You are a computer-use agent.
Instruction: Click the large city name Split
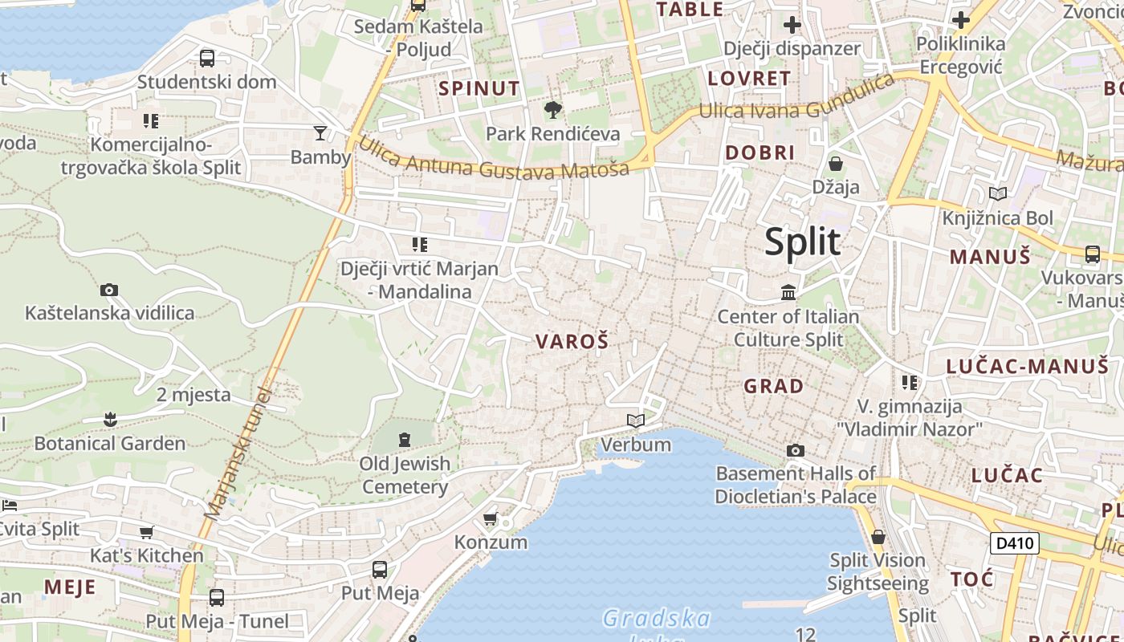(x=802, y=242)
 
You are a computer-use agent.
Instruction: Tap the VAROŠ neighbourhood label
(x=572, y=341)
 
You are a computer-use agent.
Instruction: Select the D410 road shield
(x=1014, y=543)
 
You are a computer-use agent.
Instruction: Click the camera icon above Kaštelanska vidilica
(x=109, y=290)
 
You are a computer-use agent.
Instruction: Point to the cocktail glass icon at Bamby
(x=320, y=132)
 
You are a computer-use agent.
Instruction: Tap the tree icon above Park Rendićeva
(x=552, y=109)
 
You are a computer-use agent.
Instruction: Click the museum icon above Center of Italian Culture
(x=788, y=292)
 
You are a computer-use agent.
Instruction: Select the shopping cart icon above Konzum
(x=491, y=518)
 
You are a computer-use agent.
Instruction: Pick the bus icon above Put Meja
(x=380, y=570)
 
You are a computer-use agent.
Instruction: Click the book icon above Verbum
(x=636, y=421)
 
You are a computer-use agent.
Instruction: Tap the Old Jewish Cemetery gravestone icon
(x=404, y=439)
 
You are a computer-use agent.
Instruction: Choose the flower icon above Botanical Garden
(x=110, y=419)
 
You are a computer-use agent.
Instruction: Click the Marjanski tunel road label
(x=238, y=453)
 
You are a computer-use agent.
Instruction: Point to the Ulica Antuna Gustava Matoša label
(x=493, y=159)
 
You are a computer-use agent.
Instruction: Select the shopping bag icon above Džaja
(x=836, y=164)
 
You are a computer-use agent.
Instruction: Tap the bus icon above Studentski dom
(x=207, y=58)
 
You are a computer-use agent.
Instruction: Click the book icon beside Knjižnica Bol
(x=998, y=193)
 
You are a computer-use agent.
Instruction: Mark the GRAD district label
(x=773, y=386)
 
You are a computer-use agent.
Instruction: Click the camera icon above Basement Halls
(x=795, y=450)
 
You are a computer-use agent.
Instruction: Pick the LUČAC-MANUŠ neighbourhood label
(x=1027, y=367)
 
